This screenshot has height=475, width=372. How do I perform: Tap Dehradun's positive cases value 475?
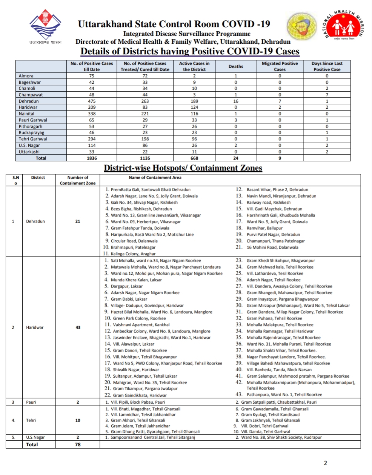pyautogui.click(x=92, y=101)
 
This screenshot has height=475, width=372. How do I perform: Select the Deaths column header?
pyautogui.click(x=236, y=66)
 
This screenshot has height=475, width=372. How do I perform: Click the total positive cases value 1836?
pyautogui.click(x=92, y=158)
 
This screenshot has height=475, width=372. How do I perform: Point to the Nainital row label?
pyautogui.click(x=27, y=114)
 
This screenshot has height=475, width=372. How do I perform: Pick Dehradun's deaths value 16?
pyautogui.click(x=236, y=101)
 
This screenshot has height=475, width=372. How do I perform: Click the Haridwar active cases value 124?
pyautogui.click(x=194, y=108)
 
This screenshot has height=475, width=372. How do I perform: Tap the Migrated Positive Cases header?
pyautogui.click(x=280, y=66)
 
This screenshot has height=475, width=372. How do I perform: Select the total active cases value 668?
pyautogui.click(x=194, y=158)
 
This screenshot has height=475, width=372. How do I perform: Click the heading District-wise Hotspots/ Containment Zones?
pyautogui.click(x=183, y=168)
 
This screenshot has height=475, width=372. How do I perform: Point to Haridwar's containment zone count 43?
pyautogui.click(x=78, y=327)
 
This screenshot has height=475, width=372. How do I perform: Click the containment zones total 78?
pyautogui.click(x=78, y=444)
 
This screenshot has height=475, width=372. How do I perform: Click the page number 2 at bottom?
pyautogui.click(x=325, y=463)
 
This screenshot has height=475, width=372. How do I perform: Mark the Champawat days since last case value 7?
pyautogui.click(x=327, y=95)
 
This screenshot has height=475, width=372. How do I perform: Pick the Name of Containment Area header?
pyautogui.click(x=155, y=178)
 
